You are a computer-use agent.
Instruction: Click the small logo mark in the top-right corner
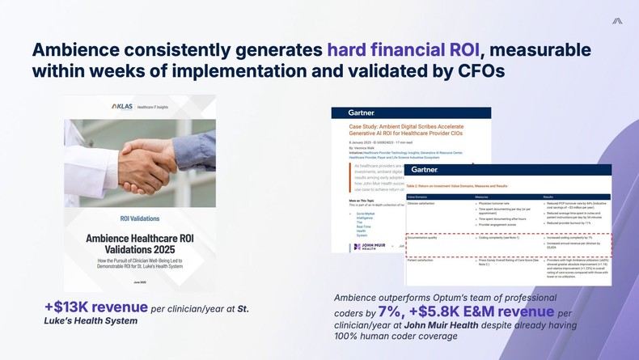(616, 20)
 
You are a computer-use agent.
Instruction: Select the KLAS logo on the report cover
(123, 107)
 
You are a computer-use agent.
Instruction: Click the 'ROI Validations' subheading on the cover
(140, 218)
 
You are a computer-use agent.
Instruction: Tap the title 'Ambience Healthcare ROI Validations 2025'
(140, 245)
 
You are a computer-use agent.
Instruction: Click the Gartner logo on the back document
(362, 112)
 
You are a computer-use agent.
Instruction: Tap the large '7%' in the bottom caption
(391, 312)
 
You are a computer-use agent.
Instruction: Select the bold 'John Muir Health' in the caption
(442, 325)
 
